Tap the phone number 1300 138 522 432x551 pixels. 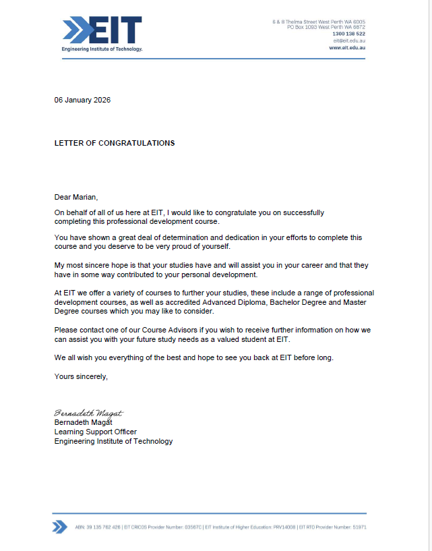(348, 34)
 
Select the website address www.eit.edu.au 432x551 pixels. (347, 48)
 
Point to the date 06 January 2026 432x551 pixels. (82, 100)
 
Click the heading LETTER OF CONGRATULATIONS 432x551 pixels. (115, 143)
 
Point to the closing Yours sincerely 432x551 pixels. (81, 376)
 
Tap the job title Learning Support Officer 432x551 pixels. (96, 432)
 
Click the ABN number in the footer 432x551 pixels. (98, 527)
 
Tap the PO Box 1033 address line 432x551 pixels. (326, 27)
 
